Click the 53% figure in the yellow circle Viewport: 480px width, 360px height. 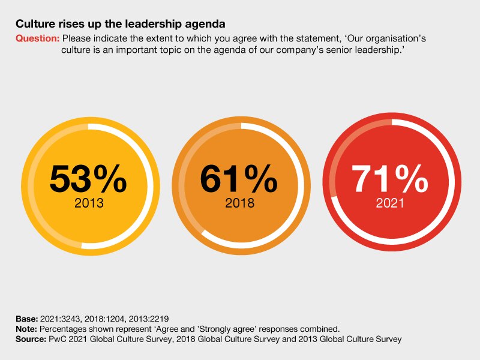88,178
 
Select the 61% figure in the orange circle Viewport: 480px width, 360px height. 239,178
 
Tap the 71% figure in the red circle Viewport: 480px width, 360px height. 389,178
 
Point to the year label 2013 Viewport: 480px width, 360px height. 89,203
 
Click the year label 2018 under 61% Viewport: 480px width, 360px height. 239,203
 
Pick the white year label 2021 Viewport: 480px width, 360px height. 390,203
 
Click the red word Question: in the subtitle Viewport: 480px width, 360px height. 37,38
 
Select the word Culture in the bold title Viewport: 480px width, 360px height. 33,25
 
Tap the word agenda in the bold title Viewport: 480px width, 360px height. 206,25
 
